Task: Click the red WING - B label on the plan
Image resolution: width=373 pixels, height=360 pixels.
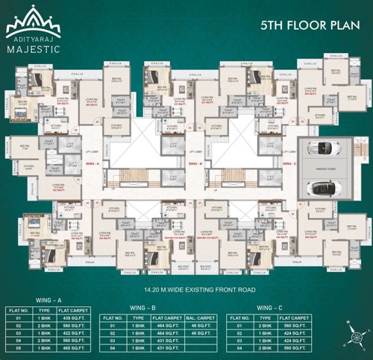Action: tap(196, 162)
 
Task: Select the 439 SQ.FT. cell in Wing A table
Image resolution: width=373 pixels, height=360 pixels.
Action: tap(81, 318)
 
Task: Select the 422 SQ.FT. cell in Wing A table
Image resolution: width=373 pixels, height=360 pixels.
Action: tap(81, 332)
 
